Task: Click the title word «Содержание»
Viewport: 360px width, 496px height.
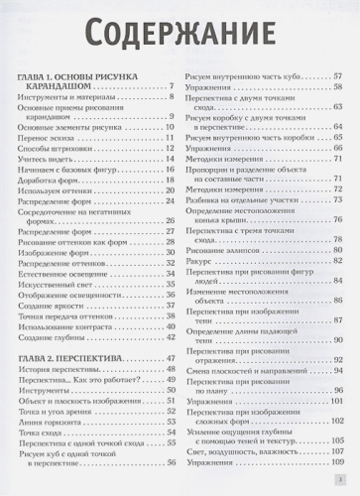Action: tap(180, 32)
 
